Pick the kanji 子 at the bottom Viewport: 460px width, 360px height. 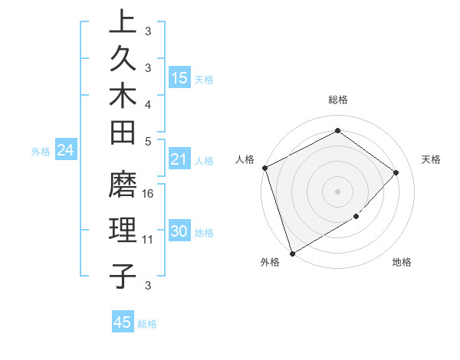click(123, 276)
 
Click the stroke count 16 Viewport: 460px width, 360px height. click(149, 193)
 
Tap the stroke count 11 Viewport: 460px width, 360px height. click(148, 239)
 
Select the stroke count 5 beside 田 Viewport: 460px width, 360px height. click(148, 140)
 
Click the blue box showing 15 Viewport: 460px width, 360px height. click(179, 78)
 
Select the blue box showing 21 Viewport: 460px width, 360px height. click(179, 159)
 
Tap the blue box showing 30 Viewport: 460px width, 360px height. click(179, 232)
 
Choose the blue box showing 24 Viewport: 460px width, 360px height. click(65, 150)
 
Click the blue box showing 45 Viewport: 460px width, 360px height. click(123, 322)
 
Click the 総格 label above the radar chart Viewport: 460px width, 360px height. click(337, 100)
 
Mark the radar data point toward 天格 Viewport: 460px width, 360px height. click(396, 172)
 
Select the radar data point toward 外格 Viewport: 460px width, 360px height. click(292, 253)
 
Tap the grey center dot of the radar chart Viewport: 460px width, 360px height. click(337, 191)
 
